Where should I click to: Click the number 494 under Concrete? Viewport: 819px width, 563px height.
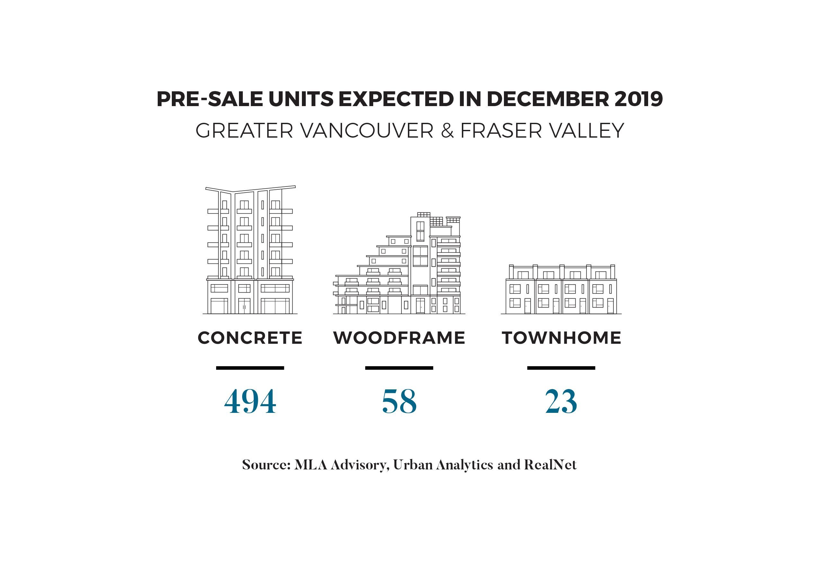pyautogui.click(x=250, y=402)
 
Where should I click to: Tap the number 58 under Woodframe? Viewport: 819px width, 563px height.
pyautogui.click(x=399, y=402)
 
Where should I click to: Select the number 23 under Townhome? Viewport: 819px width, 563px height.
pyautogui.click(x=561, y=402)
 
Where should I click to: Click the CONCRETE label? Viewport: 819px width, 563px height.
pyautogui.click(x=250, y=338)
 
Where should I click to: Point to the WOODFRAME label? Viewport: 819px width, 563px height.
pyautogui.click(x=399, y=338)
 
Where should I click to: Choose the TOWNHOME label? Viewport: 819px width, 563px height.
pyautogui.click(x=561, y=338)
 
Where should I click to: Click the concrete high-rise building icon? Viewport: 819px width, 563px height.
pyautogui.click(x=250, y=250)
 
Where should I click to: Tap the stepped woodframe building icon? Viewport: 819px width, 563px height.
pyautogui.click(x=399, y=265)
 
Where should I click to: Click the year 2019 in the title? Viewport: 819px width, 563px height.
pyautogui.click(x=638, y=99)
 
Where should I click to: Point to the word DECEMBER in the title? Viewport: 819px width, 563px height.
pyautogui.click(x=548, y=99)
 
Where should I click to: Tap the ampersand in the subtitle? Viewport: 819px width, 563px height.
pyautogui.click(x=447, y=131)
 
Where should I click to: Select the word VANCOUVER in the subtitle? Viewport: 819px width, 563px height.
pyautogui.click(x=367, y=131)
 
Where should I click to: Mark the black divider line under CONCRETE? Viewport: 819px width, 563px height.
pyautogui.click(x=250, y=368)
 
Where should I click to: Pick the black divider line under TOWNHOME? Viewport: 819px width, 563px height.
pyautogui.click(x=561, y=368)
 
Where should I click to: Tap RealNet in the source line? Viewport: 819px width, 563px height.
pyautogui.click(x=550, y=465)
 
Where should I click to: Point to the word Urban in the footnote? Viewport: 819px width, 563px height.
pyautogui.click(x=413, y=465)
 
